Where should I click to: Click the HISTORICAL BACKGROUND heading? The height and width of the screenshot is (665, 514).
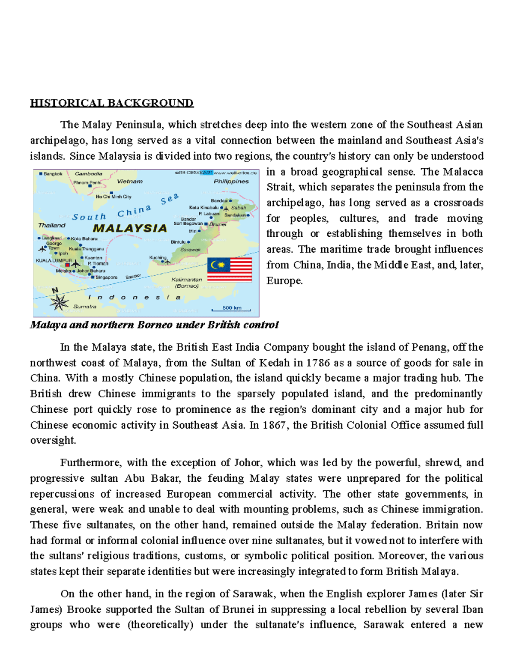tap(112, 103)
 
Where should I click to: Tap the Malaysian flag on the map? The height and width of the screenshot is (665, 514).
tap(230, 270)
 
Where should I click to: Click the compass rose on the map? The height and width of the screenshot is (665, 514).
tap(59, 302)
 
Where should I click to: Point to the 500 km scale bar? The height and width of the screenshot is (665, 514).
tap(232, 308)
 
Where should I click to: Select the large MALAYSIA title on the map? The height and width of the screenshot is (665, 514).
tap(130, 228)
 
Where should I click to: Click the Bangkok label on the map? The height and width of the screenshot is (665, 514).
tap(52, 174)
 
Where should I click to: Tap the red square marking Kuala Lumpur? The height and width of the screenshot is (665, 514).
tap(67, 265)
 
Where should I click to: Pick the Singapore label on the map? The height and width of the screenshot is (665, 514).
tap(106, 277)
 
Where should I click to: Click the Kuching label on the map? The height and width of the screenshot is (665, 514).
tap(158, 257)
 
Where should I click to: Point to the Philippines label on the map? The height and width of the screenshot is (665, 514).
tap(231, 182)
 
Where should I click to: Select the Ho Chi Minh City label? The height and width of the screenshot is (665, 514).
tap(114, 197)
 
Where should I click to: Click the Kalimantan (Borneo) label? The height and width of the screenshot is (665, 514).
tap(187, 283)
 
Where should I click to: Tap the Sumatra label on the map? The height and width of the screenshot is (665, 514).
tap(85, 307)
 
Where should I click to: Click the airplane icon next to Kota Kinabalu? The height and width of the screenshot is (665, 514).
tap(227, 209)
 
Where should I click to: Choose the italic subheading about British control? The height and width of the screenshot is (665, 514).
tap(154, 325)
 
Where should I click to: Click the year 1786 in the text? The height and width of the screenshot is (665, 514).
tap(318, 363)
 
